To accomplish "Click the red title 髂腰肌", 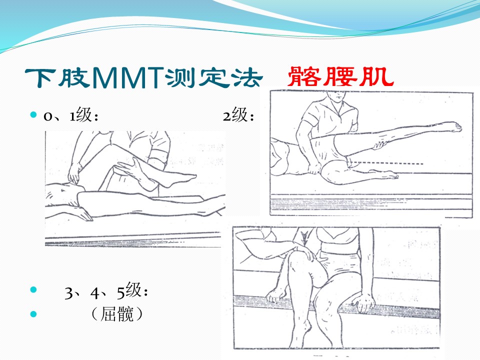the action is coord(340,76).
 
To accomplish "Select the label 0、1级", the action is coord(71,115).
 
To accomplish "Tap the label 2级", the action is coord(238,115).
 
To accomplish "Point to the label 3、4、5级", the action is coord(106,291).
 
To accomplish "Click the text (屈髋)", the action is coord(117,314).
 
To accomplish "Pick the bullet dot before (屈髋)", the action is coord(33,314).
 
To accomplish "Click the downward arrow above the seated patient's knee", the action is coord(304,238).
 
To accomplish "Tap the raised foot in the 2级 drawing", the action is coord(449,126).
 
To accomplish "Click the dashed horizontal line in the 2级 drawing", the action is coord(387,163).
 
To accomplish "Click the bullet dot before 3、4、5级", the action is coord(33,289).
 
